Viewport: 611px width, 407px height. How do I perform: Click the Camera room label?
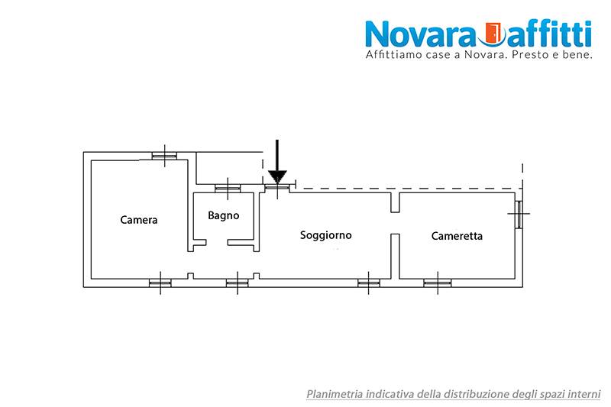point(139,220)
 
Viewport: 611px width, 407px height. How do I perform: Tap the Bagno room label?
point(224,215)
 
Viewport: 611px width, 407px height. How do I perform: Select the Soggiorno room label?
point(326,235)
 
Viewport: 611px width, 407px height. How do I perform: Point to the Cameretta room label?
point(457,236)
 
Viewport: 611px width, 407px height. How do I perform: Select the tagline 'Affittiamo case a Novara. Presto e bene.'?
point(479,56)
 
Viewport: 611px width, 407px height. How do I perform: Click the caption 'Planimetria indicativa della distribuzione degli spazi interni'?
point(454,394)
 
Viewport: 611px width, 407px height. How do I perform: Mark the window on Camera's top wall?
point(163,156)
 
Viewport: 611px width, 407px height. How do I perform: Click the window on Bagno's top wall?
point(227,189)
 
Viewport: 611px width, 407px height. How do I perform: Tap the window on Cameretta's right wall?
point(519,214)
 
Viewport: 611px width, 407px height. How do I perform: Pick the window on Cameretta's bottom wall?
point(437,283)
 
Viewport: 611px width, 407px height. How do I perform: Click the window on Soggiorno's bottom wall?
point(369,283)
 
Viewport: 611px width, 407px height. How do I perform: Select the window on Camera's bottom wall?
point(160,283)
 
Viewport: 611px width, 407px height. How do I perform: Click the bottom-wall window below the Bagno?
point(238,283)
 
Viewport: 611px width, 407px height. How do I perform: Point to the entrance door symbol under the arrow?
point(277,187)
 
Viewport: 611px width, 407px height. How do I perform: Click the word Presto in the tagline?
point(530,56)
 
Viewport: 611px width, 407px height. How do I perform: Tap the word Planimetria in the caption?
point(335,394)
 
